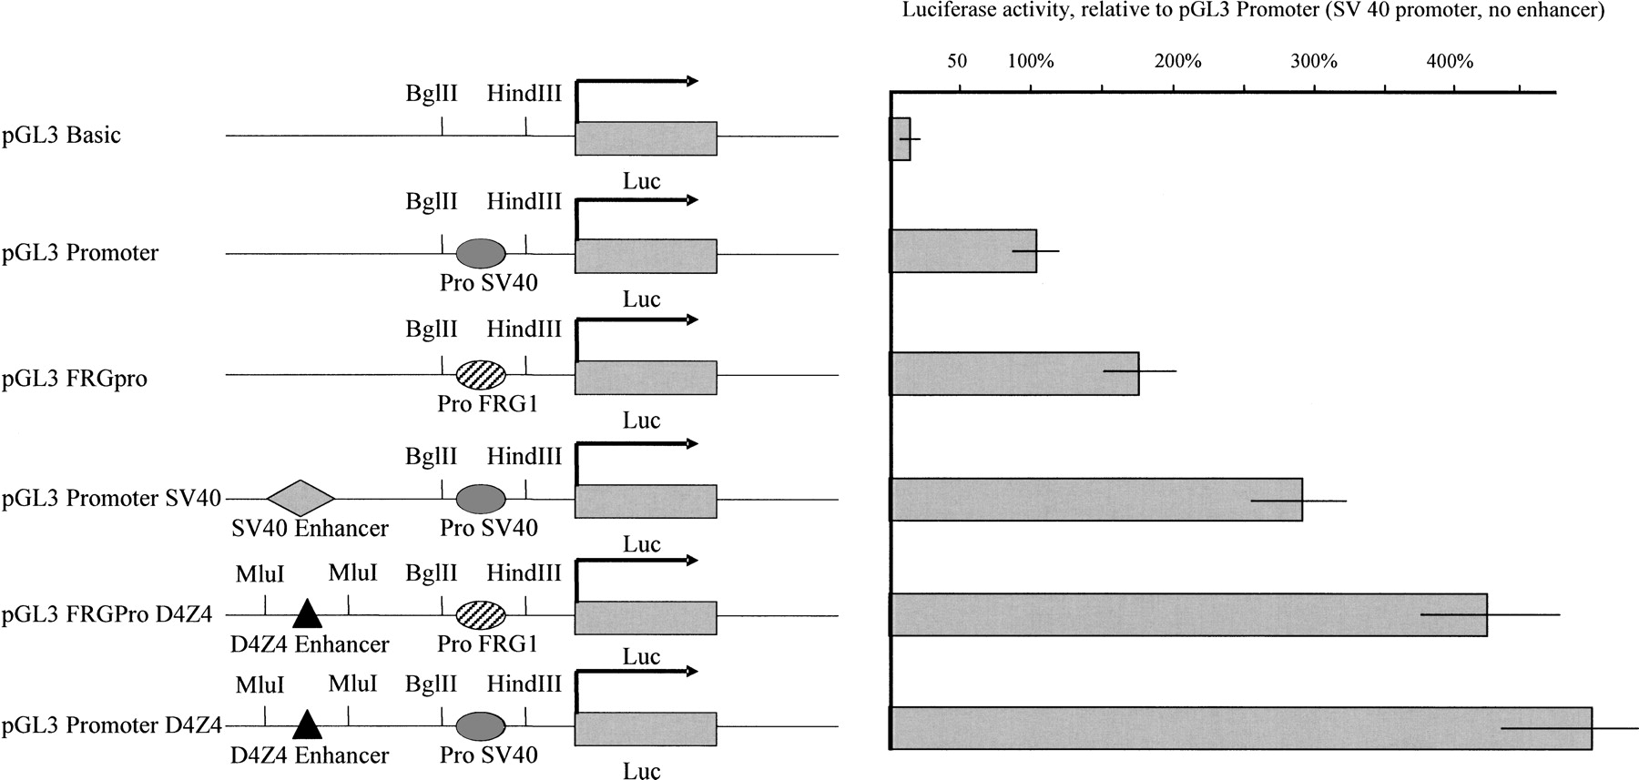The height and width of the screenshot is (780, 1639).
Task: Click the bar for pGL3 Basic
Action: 900,139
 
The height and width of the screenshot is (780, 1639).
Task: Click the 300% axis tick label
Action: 1315,62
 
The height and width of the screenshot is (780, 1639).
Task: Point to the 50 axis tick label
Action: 957,62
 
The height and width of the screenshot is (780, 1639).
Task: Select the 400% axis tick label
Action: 1450,62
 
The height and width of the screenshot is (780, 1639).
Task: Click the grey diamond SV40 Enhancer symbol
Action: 301,499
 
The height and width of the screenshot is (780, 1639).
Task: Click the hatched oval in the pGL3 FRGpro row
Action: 480,374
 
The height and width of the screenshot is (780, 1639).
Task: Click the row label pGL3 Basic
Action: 61,137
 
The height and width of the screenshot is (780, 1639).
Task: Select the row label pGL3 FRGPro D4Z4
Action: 107,615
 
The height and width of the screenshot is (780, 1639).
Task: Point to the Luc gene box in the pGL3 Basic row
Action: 646,137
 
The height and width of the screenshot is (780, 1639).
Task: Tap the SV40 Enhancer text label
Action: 310,528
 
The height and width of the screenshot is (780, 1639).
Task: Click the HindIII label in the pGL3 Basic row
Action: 524,93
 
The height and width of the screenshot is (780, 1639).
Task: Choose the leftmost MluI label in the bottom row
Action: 260,684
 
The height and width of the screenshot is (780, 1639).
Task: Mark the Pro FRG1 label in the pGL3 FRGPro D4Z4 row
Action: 487,644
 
